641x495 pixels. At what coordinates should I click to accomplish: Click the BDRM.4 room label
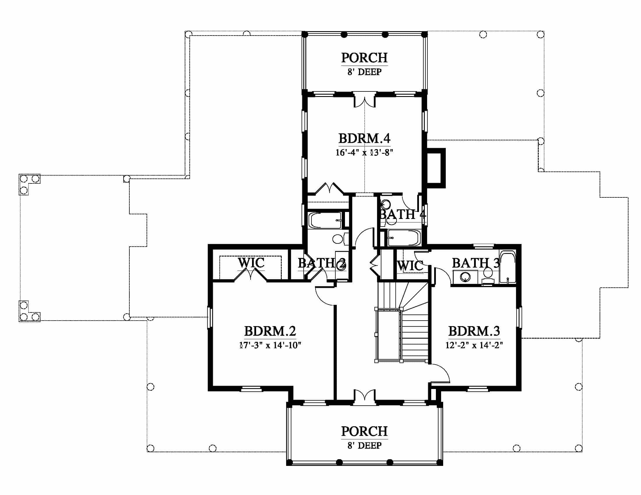click(x=364, y=138)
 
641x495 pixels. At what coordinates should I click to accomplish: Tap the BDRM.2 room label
click(x=270, y=331)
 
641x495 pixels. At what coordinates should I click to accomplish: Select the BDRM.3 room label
click(x=474, y=331)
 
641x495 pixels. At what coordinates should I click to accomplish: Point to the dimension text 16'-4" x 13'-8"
click(x=364, y=153)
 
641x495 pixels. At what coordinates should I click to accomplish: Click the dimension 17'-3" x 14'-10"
click(x=270, y=345)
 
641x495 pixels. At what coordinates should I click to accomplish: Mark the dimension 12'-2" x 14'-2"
click(x=474, y=345)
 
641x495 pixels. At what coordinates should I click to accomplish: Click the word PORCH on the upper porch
click(x=364, y=58)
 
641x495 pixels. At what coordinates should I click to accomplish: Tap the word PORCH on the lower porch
click(x=364, y=431)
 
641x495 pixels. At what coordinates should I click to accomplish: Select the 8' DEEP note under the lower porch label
click(x=364, y=446)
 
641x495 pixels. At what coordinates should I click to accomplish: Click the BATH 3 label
click(x=476, y=263)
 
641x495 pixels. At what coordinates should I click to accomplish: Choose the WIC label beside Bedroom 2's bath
click(x=251, y=262)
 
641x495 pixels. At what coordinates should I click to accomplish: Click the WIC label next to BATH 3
click(x=410, y=266)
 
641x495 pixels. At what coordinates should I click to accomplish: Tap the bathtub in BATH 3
click(x=508, y=266)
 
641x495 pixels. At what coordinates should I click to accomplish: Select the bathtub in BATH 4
click(x=404, y=238)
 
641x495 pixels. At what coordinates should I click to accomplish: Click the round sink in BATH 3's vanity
click(x=465, y=277)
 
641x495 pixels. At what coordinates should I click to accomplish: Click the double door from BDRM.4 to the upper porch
click(x=364, y=100)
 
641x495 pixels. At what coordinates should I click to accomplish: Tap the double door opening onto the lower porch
click(x=364, y=397)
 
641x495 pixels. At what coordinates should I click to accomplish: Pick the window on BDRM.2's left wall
click(x=210, y=318)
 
